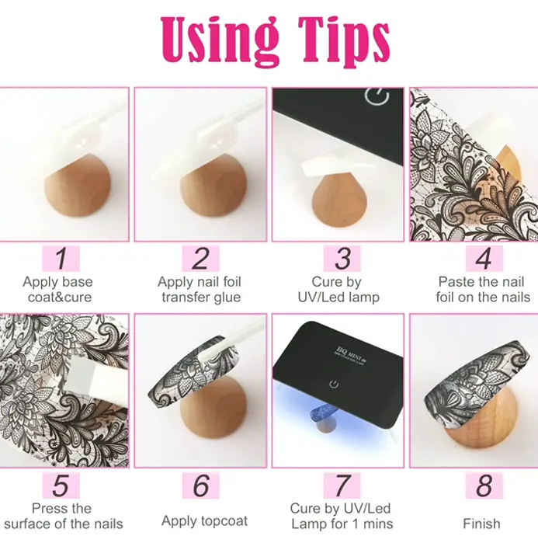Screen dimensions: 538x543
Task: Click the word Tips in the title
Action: coord(344,41)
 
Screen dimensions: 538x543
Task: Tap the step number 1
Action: coord(61,259)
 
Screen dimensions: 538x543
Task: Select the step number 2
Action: coord(200,259)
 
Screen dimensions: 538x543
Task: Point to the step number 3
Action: coord(342,259)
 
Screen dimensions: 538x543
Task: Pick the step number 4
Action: coord(484,259)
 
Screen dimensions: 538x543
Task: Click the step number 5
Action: coord(61,486)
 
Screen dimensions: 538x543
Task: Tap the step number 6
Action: coord(201,486)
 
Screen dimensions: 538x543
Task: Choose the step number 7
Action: coord(342,486)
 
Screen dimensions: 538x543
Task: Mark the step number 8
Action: coord(484,486)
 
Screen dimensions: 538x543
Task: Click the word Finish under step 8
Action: coord(481,524)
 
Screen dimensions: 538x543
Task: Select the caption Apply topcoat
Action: coord(204,521)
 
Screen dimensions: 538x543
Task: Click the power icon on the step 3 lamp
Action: coord(377,96)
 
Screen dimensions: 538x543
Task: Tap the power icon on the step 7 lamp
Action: coord(334,384)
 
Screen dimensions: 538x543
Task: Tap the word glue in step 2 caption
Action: coord(227,298)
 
